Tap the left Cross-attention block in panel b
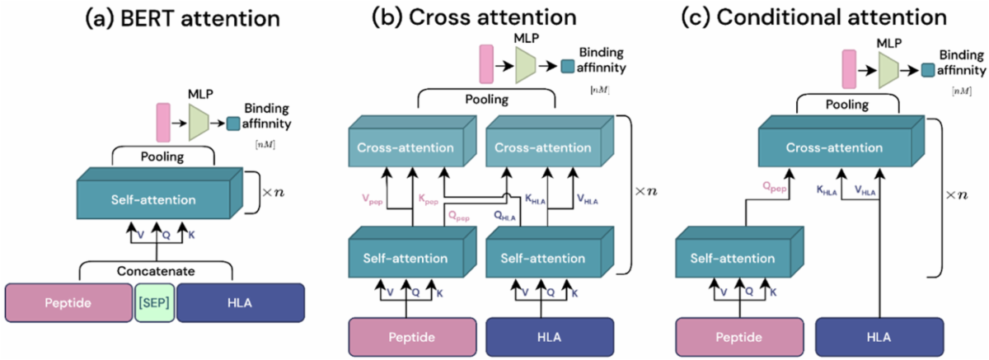405,148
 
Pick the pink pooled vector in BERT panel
162,120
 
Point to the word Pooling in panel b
487,99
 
